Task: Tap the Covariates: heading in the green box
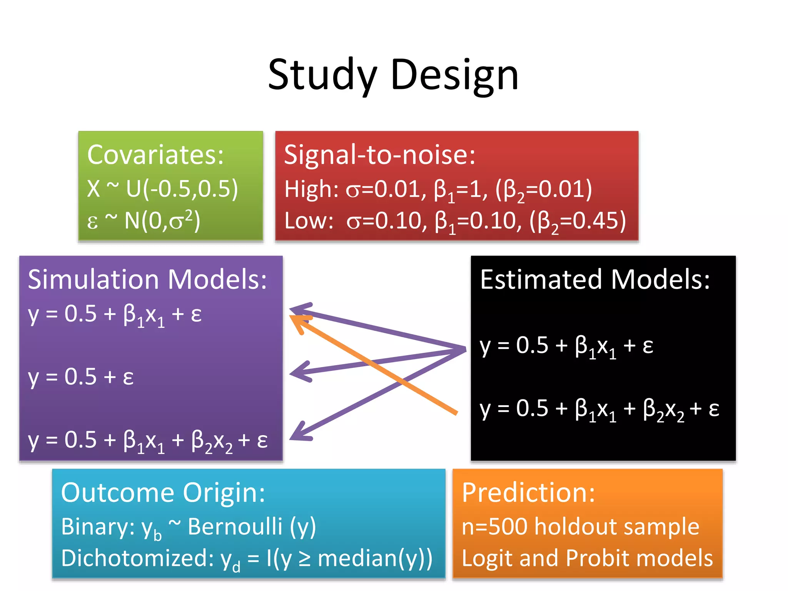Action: [x=155, y=155]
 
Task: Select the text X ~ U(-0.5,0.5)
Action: [x=162, y=189]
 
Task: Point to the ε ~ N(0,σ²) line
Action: [x=143, y=221]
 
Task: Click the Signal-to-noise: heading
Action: [x=380, y=155]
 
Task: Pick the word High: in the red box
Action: [x=311, y=189]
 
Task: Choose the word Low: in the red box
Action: [x=309, y=221]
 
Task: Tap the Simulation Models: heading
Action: [x=147, y=279]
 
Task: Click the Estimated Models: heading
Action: [x=595, y=279]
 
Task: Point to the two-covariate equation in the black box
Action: [x=599, y=409]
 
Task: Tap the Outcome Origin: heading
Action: [x=163, y=492]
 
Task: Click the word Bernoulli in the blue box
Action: [x=235, y=526]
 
